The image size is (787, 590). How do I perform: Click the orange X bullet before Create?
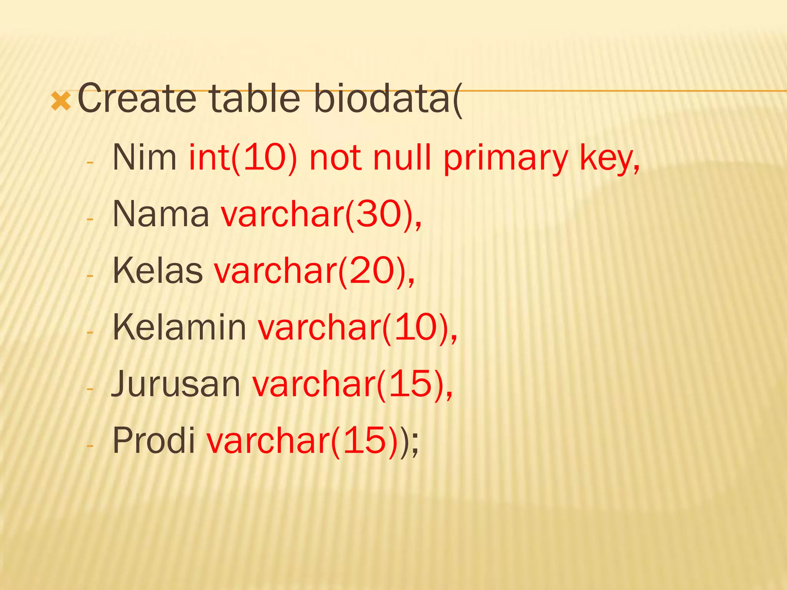pyautogui.click(x=61, y=101)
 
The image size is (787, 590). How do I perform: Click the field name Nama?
pyautogui.click(x=161, y=214)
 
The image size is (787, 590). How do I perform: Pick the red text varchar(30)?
pyautogui.click(x=321, y=214)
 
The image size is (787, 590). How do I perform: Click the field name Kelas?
pyautogui.click(x=158, y=271)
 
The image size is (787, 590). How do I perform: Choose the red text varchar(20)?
pyautogui.click(x=314, y=271)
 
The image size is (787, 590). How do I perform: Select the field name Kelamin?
pyautogui.click(x=179, y=327)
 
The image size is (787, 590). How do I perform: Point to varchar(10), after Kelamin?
pyautogui.click(x=357, y=327)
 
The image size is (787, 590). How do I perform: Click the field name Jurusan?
pyautogui.click(x=176, y=384)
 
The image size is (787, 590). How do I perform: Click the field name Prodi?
pyautogui.click(x=154, y=440)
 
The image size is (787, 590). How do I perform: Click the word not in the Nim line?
pyautogui.click(x=335, y=157)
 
